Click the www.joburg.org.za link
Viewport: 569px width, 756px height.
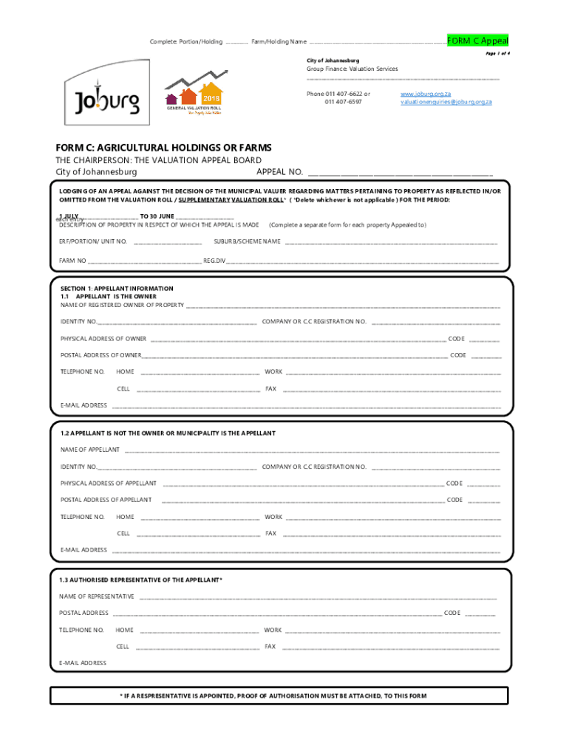tap(426, 94)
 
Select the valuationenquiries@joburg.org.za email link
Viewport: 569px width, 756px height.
tap(446, 102)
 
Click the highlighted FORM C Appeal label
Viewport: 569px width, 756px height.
tap(477, 41)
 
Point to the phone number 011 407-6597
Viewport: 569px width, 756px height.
tap(343, 102)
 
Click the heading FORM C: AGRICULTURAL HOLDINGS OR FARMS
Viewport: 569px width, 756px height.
tap(164, 148)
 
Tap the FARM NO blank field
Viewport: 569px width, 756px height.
tap(144, 261)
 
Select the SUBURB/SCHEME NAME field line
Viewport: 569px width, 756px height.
tap(391, 241)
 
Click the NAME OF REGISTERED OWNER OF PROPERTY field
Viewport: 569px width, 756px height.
tap(343, 305)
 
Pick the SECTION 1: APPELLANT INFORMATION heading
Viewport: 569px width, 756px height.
tap(117, 289)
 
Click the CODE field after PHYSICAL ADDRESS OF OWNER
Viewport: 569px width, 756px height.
tap(484, 339)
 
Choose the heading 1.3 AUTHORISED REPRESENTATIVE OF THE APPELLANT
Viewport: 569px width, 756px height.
tap(140, 580)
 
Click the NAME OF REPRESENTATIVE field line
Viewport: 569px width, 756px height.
tap(318, 597)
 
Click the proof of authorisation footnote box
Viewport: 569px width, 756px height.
tap(279, 696)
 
